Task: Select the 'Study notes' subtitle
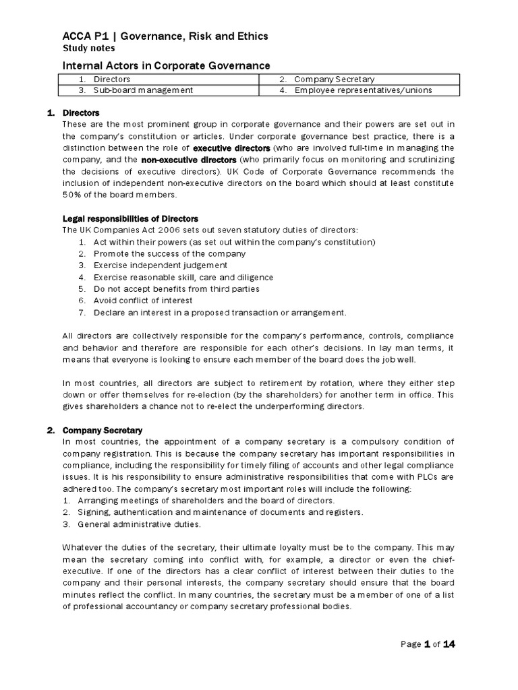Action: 88,49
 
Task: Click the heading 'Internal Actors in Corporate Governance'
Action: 166,65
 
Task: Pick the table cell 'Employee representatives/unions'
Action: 363,90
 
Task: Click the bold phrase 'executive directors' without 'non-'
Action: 231,147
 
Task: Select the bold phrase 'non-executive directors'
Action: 189,159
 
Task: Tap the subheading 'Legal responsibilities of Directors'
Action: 130,218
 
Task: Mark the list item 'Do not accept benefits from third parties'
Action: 176,289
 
